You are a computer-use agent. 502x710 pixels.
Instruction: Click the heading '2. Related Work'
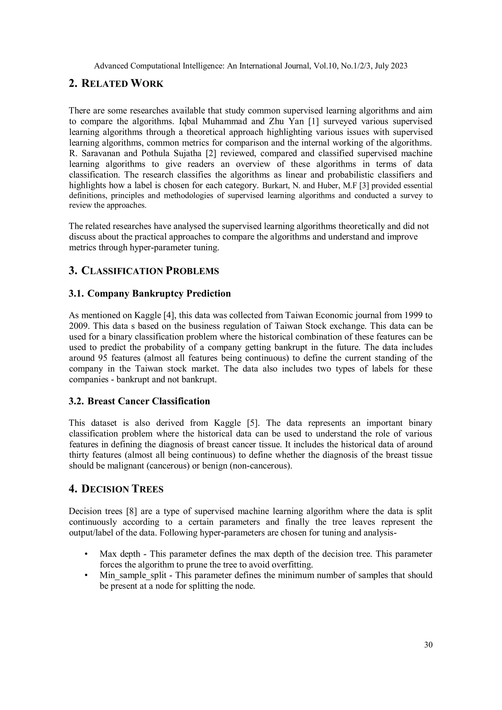(x=116, y=84)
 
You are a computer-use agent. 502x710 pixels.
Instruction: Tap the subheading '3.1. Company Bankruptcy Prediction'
(x=150, y=293)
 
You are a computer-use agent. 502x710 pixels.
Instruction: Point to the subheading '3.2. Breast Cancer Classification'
(x=139, y=401)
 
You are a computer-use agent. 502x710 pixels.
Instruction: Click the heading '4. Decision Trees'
(x=116, y=489)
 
